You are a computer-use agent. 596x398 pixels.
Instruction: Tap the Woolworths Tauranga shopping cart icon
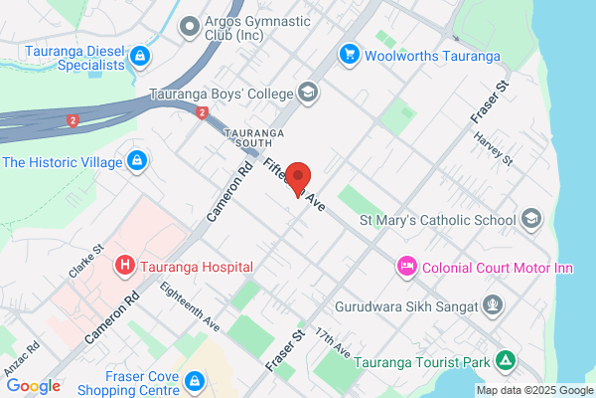pos(349,54)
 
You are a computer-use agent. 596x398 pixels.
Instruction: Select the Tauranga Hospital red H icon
pos(125,266)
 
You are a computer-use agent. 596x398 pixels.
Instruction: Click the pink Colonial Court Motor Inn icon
pos(406,266)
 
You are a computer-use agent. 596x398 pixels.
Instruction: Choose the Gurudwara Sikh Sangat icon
pos(490,304)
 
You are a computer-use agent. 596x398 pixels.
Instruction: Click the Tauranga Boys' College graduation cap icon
pos(307,95)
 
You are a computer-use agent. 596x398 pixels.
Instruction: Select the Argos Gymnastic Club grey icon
pos(189,26)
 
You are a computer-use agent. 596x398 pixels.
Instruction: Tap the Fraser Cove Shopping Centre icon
pos(197,380)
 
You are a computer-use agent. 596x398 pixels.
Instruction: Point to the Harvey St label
pos(493,148)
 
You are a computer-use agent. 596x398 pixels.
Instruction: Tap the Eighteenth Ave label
pos(196,309)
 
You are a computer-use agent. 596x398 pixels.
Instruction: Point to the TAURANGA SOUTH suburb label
pos(254,137)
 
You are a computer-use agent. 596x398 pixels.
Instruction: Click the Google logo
pos(33,386)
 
